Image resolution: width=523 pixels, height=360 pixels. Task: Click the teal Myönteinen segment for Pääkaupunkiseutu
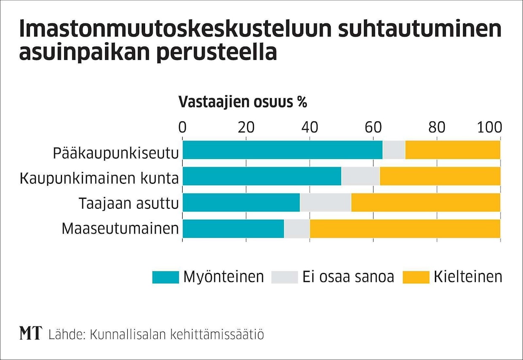[x=283, y=150]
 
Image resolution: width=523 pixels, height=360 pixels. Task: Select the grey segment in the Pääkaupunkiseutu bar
[x=394, y=150]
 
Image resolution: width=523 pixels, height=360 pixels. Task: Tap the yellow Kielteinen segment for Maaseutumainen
[x=405, y=228]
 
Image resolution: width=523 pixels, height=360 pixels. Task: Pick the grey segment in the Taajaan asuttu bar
[x=325, y=202]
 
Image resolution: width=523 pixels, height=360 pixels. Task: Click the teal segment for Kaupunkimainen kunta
[x=262, y=176]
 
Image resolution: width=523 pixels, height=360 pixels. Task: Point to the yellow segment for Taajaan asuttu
[x=426, y=202]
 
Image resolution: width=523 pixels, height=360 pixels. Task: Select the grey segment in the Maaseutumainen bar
[x=297, y=228]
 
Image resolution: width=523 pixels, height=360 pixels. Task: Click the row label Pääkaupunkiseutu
[x=116, y=153]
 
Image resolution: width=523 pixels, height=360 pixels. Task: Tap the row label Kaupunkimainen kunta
[x=100, y=179]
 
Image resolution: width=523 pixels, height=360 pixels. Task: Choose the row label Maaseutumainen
[x=120, y=229]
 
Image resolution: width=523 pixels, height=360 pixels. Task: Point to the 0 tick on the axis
[x=182, y=126]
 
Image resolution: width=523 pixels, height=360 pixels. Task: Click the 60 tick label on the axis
[x=373, y=126]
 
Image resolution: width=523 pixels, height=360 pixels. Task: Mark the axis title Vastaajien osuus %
[x=243, y=102]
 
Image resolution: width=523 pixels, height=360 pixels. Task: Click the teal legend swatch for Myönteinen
[x=165, y=277]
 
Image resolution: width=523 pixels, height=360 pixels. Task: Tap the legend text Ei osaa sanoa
[x=348, y=277]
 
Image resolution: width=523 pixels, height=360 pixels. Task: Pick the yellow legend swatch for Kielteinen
[x=416, y=277]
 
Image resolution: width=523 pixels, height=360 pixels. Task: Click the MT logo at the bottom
[x=31, y=334]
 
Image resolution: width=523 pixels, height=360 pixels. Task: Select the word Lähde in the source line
[x=65, y=335]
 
